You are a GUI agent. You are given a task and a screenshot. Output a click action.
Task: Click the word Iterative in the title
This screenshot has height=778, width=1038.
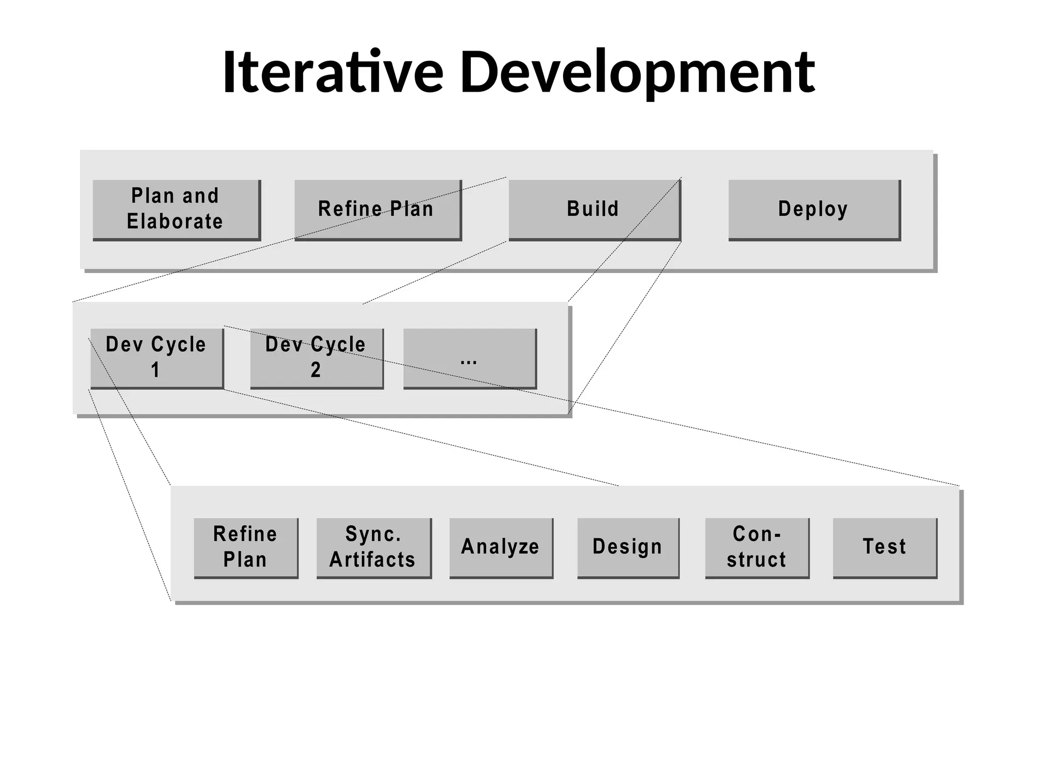tap(332, 72)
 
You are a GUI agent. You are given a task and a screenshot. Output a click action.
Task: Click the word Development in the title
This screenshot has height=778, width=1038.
tap(637, 72)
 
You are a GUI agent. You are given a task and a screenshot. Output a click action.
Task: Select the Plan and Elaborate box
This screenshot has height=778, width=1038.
tap(176, 209)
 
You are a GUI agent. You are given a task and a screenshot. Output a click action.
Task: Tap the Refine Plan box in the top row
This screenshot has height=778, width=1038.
tap(378, 209)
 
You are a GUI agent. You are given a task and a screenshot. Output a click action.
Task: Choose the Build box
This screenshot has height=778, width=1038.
tap(594, 209)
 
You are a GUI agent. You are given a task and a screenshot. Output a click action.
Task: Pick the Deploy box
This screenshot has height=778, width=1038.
tap(813, 209)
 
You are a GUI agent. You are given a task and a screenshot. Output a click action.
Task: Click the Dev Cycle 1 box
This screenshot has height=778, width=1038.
tap(157, 358)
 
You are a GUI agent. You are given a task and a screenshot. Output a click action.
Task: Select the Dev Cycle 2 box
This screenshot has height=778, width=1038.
tap(316, 358)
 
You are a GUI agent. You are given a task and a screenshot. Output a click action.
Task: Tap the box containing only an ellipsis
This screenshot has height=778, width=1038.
tap(469, 358)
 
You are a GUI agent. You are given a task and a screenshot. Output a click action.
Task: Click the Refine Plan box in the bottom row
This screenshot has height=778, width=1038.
tap(246, 547)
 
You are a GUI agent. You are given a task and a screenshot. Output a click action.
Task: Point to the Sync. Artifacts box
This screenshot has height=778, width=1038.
tap(374, 547)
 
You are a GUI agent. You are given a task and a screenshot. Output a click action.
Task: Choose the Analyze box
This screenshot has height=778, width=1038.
tap(501, 547)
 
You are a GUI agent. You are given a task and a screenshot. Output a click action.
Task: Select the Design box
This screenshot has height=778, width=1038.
tap(628, 547)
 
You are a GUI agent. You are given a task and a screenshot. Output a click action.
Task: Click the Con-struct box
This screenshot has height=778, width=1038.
tap(757, 547)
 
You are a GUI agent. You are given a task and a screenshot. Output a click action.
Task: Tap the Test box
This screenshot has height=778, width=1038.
tap(884, 547)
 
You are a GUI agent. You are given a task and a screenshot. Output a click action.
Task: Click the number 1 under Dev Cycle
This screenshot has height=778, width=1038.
tap(156, 370)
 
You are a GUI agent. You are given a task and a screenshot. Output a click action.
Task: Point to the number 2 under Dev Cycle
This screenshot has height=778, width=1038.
tap(315, 370)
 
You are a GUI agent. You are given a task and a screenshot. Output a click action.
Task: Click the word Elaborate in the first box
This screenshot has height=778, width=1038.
tap(175, 222)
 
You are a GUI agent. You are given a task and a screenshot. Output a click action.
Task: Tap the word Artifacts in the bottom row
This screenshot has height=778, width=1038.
tap(373, 560)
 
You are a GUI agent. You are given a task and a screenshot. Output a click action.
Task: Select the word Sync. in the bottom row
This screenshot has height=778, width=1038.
tap(374, 534)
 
